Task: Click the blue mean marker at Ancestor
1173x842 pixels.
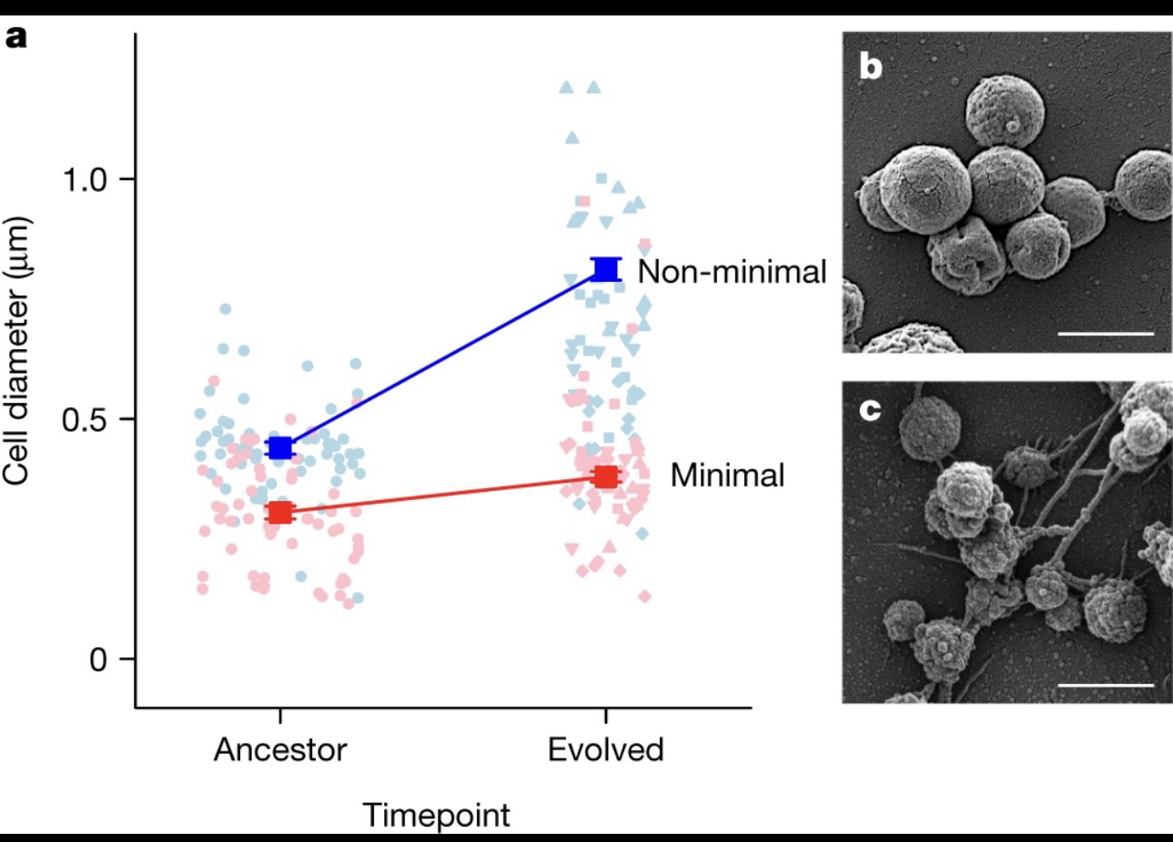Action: coord(280,447)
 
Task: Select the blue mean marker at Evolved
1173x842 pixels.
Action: coord(606,269)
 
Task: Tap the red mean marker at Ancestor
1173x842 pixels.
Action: coord(280,513)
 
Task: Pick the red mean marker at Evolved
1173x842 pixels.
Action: coord(606,476)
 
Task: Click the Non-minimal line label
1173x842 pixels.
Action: coord(732,271)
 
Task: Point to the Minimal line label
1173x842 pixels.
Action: coord(727,475)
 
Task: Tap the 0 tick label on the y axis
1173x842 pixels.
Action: coord(99,659)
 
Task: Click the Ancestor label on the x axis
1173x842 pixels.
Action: coord(280,750)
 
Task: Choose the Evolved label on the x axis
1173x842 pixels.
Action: coord(605,750)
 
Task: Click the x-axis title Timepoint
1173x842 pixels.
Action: coord(437,815)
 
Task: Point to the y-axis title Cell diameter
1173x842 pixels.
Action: coord(17,350)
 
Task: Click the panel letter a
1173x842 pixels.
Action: coord(15,38)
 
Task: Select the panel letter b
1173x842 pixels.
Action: coord(871,67)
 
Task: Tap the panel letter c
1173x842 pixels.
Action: coord(870,410)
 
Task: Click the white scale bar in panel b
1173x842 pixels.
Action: coord(1106,334)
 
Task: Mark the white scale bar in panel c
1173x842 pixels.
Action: coord(1106,684)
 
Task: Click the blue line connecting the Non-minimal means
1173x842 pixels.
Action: coord(443,358)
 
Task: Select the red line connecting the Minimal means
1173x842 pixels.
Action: coord(443,495)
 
